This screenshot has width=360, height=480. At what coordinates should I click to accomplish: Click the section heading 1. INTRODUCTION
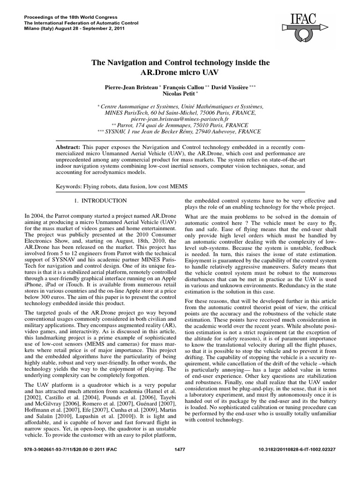[101, 201]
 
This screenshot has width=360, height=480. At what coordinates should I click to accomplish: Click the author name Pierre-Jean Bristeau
[139, 87]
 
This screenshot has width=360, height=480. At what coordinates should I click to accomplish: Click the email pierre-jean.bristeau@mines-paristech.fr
[180, 119]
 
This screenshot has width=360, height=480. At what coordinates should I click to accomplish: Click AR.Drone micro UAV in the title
[180, 73]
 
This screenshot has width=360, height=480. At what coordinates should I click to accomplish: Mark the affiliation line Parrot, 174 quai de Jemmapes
[183, 126]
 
